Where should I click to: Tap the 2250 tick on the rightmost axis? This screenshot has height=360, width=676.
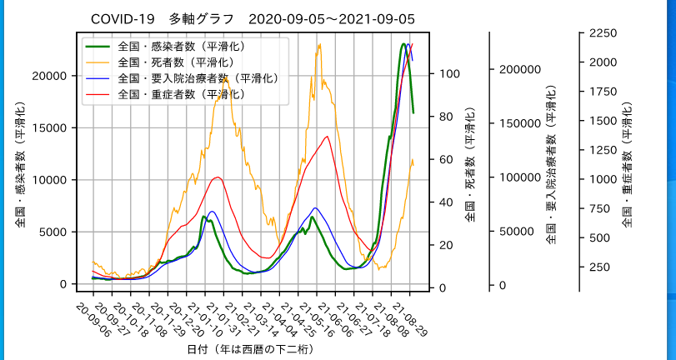click(602, 32)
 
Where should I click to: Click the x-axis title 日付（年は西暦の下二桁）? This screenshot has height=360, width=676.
click(250, 349)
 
